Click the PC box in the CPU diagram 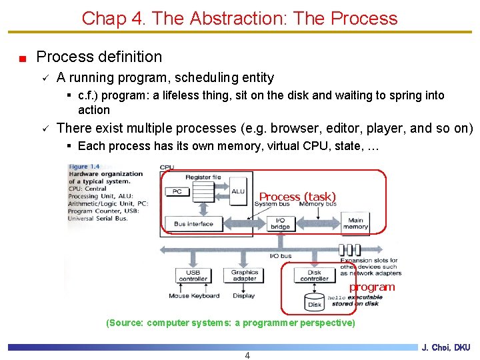click(x=177, y=191)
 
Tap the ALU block click(x=238, y=191)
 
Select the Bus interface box click(x=193, y=224)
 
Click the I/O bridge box click(x=280, y=223)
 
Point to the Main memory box click(x=355, y=223)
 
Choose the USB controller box click(x=193, y=275)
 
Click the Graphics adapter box click(x=245, y=275)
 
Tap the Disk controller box click(x=314, y=275)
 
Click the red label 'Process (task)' click(x=297, y=197)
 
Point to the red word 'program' click(x=372, y=287)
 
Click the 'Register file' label click(x=203, y=177)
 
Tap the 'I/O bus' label click(x=280, y=257)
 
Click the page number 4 click(x=247, y=355)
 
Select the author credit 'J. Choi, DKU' click(x=446, y=347)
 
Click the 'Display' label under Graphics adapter click(x=244, y=296)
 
